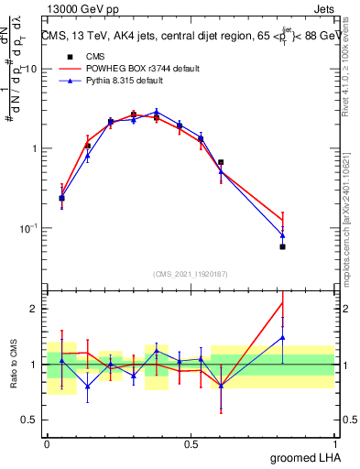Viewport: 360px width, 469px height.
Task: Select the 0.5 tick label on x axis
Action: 191,443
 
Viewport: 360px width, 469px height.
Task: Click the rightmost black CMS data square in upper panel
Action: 282,247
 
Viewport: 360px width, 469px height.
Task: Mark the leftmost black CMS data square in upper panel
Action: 61,198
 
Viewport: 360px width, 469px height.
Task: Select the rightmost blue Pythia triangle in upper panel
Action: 282,235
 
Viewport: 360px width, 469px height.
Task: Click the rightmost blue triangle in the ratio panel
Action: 282,337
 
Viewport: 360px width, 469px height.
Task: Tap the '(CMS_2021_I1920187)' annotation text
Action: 190,273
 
